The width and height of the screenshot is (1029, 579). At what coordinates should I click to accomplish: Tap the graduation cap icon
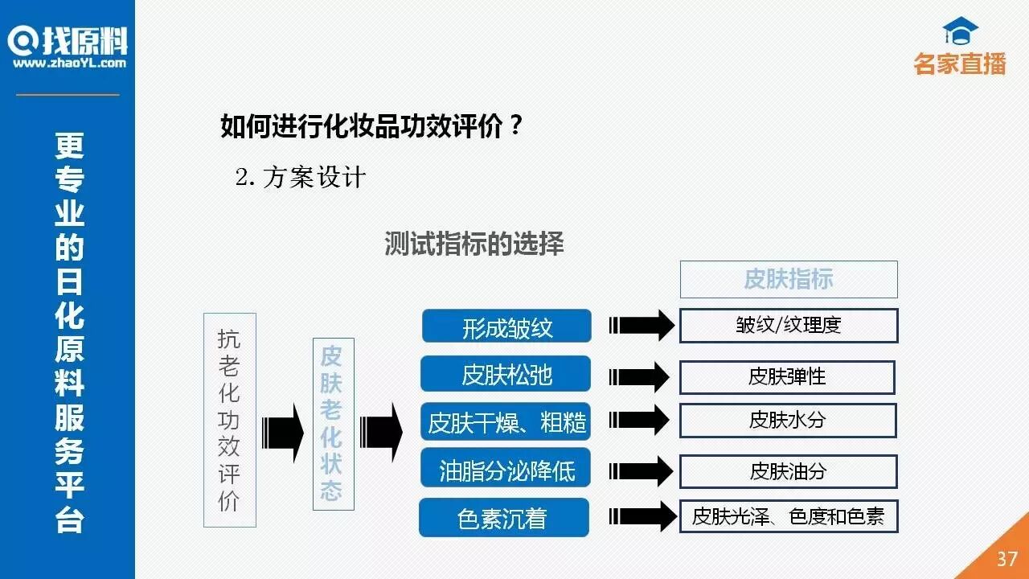click(960, 31)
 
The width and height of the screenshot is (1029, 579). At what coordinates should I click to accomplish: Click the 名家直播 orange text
click(960, 64)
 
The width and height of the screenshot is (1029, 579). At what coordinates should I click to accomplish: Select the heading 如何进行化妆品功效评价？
click(372, 126)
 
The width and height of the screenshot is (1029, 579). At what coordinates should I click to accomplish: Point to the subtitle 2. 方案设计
click(301, 178)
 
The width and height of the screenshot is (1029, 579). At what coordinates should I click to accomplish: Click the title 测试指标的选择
click(474, 244)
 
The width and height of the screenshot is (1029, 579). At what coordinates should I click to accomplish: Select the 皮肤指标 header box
click(789, 279)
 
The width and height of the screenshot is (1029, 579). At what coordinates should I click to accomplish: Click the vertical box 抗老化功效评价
click(229, 420)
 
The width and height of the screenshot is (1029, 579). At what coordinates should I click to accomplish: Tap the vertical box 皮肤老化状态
click(332, 423)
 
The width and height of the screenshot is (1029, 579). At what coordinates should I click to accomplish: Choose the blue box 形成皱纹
click(506, 326)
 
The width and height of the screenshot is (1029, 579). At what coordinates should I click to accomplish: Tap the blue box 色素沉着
click(503, 518)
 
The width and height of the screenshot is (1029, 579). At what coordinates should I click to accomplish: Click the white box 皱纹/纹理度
click(789, 326)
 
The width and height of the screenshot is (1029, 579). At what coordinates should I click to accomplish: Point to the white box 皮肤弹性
click(787, 376)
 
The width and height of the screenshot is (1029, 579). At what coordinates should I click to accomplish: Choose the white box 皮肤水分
click(788, 420)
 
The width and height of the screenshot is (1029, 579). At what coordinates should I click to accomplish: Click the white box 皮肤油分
click(788, 471)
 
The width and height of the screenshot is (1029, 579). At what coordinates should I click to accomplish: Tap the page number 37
click(1007, 558)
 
